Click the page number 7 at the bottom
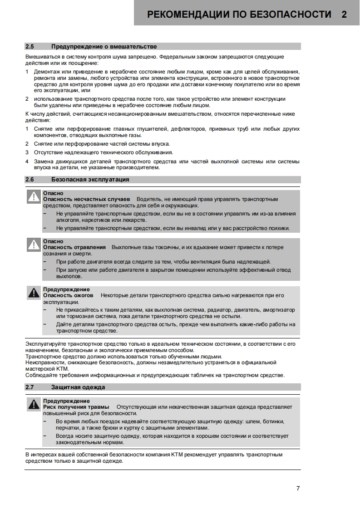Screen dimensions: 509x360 point(298,489)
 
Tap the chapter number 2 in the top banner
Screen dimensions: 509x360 point(344,14)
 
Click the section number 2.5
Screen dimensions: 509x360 point(30,46)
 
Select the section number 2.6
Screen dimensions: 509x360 point(30,179)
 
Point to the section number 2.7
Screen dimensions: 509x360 point(30,387)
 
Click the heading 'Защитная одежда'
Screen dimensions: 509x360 point(78,387)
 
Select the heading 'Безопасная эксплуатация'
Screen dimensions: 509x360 point(90,179)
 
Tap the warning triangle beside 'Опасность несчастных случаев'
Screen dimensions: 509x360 point(34,196)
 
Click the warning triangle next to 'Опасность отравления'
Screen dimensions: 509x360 point(34,245)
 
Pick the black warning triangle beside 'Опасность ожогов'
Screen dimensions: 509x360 point(34,293)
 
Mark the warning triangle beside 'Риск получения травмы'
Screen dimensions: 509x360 point(34,404)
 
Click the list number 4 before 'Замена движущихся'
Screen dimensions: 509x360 point(27,162)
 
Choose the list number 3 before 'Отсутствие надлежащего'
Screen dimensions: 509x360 point(27,152)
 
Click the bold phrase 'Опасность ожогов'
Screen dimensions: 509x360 point(68,295)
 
